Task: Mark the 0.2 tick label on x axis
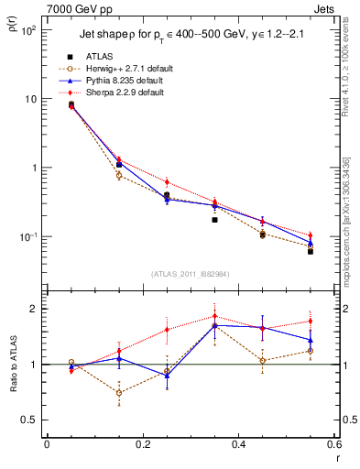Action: click(141, 445)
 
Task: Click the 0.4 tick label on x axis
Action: click(238, 445)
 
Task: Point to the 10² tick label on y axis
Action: click(27, 30)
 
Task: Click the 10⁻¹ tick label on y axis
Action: click(27, 237)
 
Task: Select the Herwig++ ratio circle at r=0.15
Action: click(118, 392)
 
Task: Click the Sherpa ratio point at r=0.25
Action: click(167, 330)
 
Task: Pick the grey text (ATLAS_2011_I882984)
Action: click(190, 273)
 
